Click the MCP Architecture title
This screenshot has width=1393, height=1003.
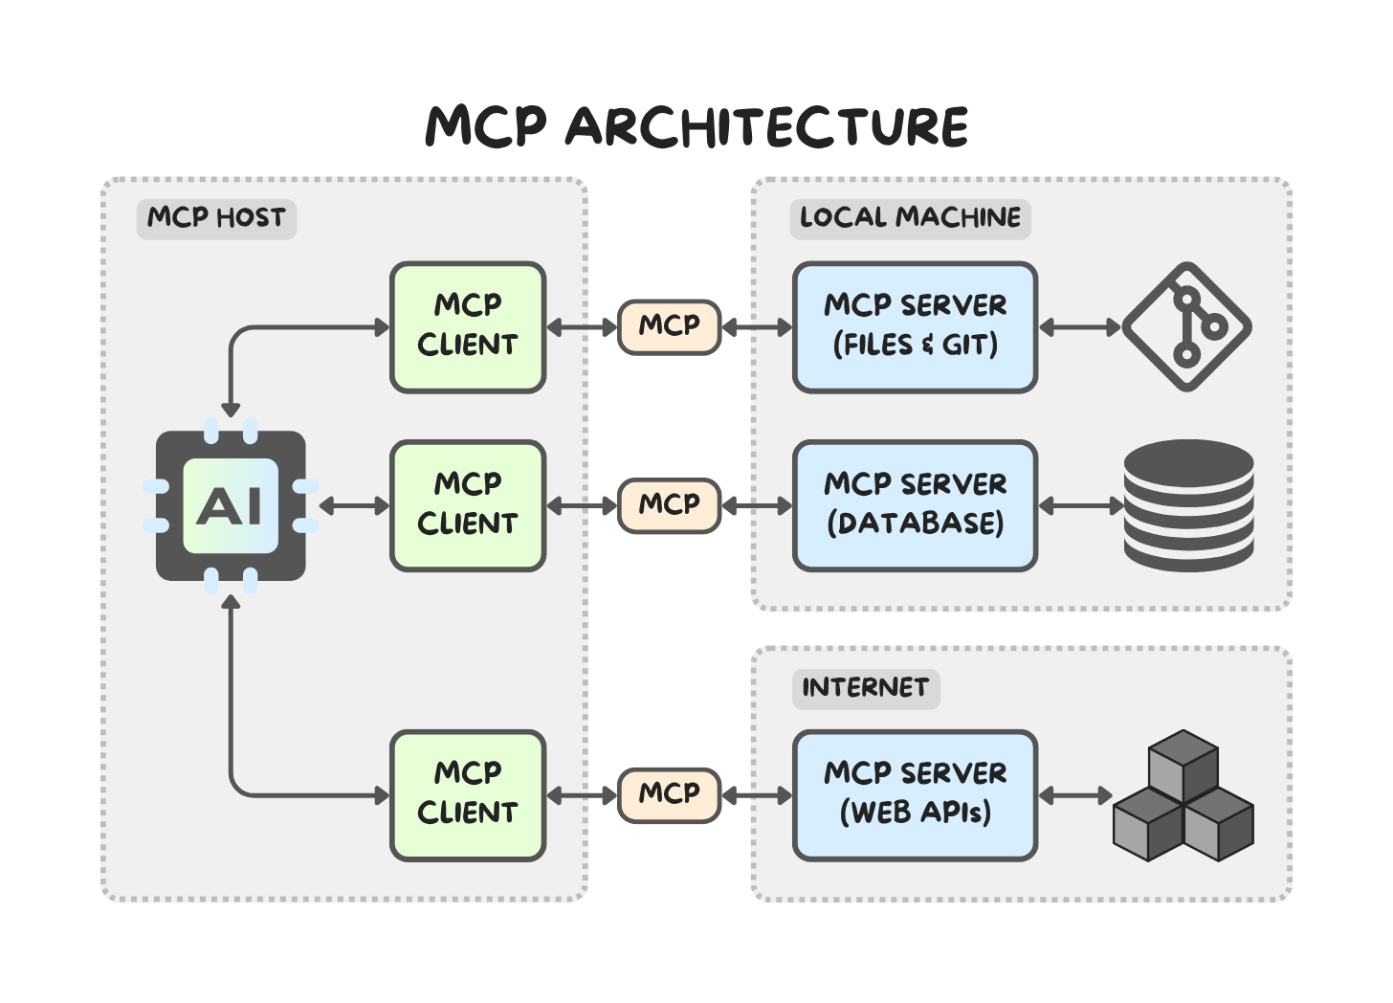coord(696,127)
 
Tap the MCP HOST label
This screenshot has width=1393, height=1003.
coord(216,218)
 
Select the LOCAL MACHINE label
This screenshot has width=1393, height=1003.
coord(910,218)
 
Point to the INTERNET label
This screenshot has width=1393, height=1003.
coord(865,688)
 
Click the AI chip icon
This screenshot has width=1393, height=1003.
coord(231,505)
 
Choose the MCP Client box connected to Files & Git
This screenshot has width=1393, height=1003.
coord(468,326)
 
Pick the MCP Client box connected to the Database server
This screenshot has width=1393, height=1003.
coord(468,505)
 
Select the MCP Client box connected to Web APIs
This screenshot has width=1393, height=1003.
coord(468,794)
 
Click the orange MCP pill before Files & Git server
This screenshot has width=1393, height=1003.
coord(669,326)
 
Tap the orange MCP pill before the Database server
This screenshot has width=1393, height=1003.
coord(669,505)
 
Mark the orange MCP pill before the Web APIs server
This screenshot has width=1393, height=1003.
coord(669,794)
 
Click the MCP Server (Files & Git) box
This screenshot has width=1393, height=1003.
coord(915,326)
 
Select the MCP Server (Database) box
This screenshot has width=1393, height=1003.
coord(915,505)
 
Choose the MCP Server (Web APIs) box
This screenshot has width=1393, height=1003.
coord(915,794)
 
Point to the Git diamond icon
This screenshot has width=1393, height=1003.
coord(1187,326)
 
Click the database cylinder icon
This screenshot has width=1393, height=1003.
coord(1188,505)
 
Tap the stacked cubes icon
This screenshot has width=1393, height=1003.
coord(1183,796)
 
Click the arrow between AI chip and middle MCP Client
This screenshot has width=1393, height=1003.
coord(354,505)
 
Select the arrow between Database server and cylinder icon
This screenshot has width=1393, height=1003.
coord(1081,505)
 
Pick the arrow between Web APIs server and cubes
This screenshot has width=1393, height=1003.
coord(1076,795)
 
